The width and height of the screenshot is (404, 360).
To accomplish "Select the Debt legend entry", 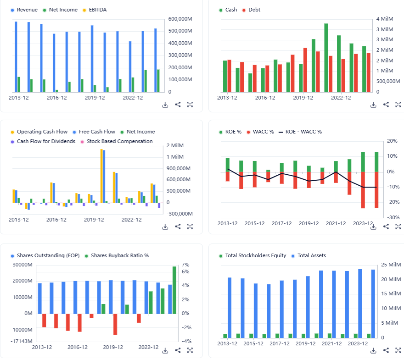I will [254, 10].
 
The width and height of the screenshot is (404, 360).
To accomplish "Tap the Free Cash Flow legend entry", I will [97, 132].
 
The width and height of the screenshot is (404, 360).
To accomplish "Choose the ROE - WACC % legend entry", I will [303, 132].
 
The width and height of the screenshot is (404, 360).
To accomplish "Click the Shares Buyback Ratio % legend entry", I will [119, 255].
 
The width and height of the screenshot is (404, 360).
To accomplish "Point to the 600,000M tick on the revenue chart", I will [180, 19].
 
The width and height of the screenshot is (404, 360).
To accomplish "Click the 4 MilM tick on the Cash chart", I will [385, 19].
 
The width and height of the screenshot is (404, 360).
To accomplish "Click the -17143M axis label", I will [22, 341].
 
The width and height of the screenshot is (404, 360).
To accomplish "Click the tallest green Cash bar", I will [326, 57].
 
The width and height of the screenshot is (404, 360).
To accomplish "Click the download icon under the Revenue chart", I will [165, 105].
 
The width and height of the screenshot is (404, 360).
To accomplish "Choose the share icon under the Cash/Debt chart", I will [386, 105].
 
